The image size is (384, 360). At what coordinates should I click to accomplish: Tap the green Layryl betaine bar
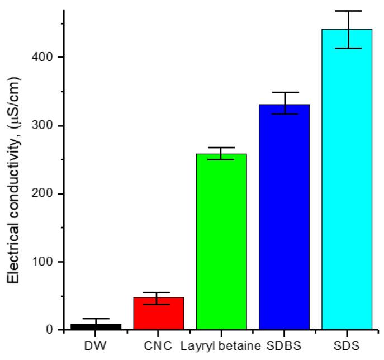(x=221, y=242)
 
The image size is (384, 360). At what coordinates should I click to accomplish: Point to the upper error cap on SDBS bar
(x=284, y=92)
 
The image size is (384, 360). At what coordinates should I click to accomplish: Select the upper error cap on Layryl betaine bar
(x=221, y=148)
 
